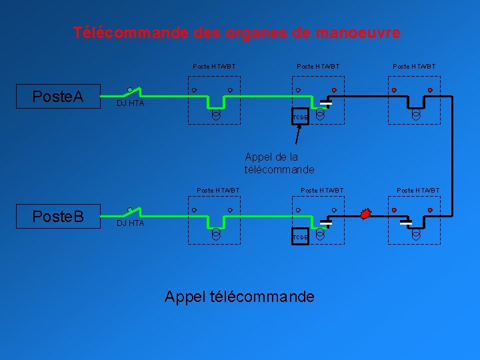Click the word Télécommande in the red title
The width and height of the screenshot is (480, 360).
(127, 33)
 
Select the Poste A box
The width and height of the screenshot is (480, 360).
(58, 97)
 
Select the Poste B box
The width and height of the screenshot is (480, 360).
(58, 217)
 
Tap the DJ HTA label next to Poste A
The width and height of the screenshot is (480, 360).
(130, 104)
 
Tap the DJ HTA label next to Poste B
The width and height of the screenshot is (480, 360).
(130, 223)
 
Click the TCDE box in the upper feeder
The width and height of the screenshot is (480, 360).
(300, 117)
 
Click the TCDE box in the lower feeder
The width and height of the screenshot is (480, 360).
(300, 237)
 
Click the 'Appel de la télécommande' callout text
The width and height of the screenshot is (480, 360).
(279, 163)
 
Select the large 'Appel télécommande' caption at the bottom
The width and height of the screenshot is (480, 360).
(239, 297)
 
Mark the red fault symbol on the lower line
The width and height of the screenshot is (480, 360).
(365, 214)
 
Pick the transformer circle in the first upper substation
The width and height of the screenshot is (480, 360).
(216, 115)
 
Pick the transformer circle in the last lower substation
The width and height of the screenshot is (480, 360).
(416, 234)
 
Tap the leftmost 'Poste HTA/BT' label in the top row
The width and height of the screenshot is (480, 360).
(214, 67)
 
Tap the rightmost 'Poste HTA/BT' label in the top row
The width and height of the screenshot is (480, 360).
(414, 67)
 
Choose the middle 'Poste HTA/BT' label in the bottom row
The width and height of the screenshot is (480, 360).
(322, 191)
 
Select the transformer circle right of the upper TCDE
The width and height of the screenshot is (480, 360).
(320, 115)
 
